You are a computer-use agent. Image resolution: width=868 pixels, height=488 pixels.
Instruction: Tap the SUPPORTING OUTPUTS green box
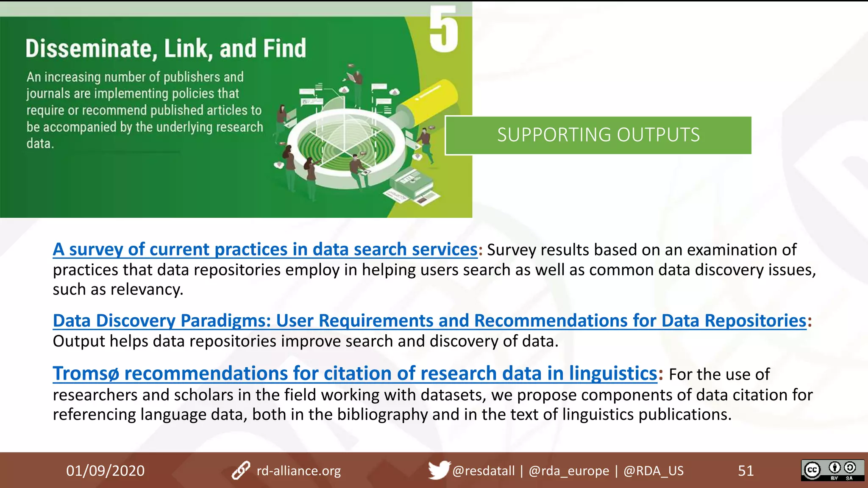[x=598, y=135]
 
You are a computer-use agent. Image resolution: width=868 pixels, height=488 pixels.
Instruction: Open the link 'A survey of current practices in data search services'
[x=265, y=250]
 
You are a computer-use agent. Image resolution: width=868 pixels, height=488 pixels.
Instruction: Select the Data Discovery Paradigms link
[x=429, y=321]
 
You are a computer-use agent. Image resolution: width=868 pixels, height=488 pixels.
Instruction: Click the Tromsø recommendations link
[x=355, y=374]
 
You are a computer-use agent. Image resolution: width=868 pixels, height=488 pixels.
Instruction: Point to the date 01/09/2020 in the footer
[x=105, y=471]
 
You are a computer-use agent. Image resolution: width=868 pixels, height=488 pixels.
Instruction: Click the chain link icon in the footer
[x=241, y=471]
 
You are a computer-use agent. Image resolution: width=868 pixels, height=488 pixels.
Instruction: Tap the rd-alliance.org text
[x=299, y=471]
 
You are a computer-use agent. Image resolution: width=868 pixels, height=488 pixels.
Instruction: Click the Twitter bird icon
[x=438, y=470]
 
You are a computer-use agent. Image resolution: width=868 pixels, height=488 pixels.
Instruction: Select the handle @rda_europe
[x=569, y=471]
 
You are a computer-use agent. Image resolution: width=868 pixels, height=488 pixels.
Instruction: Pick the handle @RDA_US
[x=653, y=471]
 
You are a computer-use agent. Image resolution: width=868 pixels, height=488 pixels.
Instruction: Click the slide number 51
[x=746, y=471]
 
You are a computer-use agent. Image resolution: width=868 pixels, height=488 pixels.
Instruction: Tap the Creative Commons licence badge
[x=832, y=470]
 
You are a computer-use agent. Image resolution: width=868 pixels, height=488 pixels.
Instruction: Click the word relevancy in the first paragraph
[x=147, y=289]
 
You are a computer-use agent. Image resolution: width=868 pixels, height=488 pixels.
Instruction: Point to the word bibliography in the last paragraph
[x=382, y=414]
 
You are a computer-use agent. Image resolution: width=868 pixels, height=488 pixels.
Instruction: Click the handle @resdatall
[x=483, y=471]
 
